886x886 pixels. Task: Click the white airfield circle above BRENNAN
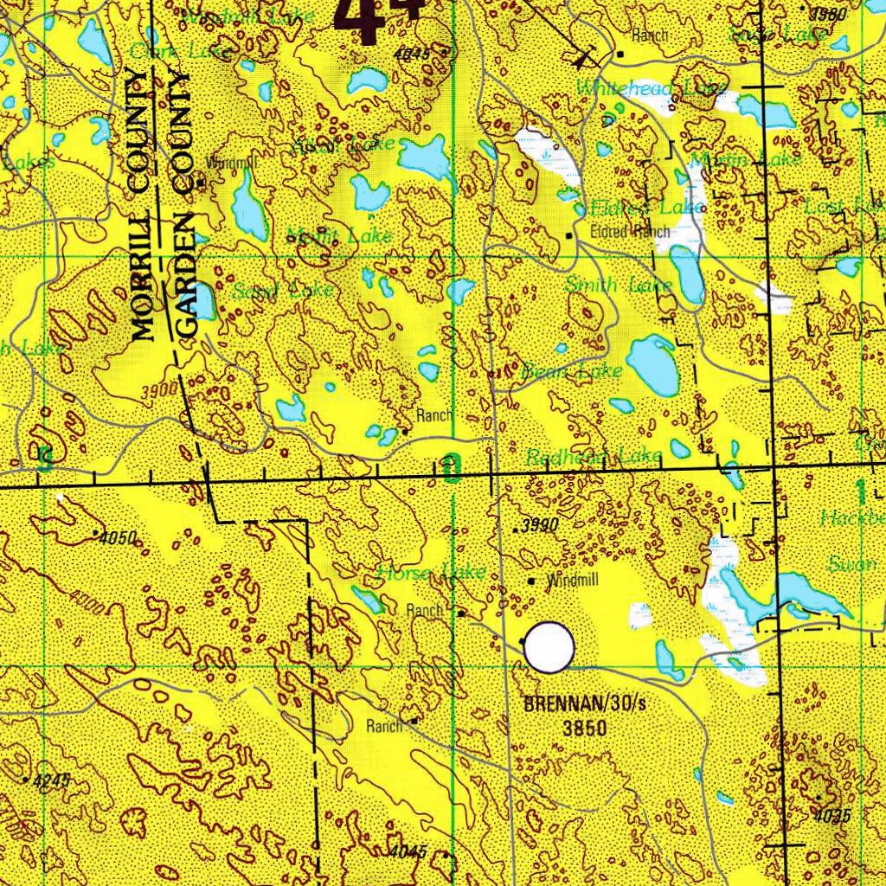pos(549,647)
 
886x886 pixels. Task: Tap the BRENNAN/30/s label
pos(586,704)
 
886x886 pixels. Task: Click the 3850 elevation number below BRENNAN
pos(584,729)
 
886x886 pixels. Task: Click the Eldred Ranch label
pos(629,233)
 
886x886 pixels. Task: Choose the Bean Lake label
pos(572,372)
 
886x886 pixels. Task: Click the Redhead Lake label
pos(594,456)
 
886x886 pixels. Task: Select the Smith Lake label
pos(618,285)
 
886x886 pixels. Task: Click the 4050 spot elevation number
pos(119,539)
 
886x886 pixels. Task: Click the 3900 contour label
pos(162,391)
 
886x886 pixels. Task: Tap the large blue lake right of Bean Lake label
pos(652,364)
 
